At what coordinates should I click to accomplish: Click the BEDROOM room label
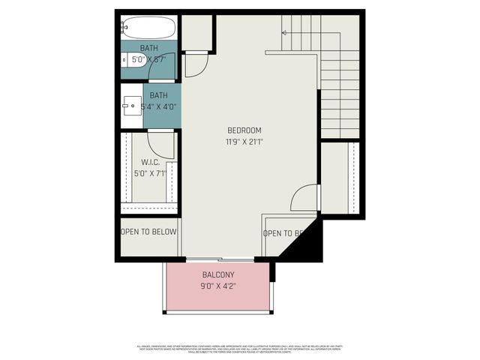click(244, 130)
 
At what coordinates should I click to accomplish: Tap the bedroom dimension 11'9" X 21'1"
click(244, 141)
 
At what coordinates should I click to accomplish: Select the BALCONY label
click(218, 274)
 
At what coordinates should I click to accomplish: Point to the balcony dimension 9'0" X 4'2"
click(218, 286)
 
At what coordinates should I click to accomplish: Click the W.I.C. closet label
click(150, 162)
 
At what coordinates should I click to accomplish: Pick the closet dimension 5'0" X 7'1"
click(149, 174)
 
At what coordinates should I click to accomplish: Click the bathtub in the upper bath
click(150, 28)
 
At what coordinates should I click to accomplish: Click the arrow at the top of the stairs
click(283, 32)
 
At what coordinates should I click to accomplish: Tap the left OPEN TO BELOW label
click(149, 231)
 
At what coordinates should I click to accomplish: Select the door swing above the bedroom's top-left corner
click(194, 64)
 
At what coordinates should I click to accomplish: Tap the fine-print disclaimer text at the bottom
click(239, 349)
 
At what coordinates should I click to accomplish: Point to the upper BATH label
click(149, 48)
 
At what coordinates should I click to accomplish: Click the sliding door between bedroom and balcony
click(220, 259)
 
